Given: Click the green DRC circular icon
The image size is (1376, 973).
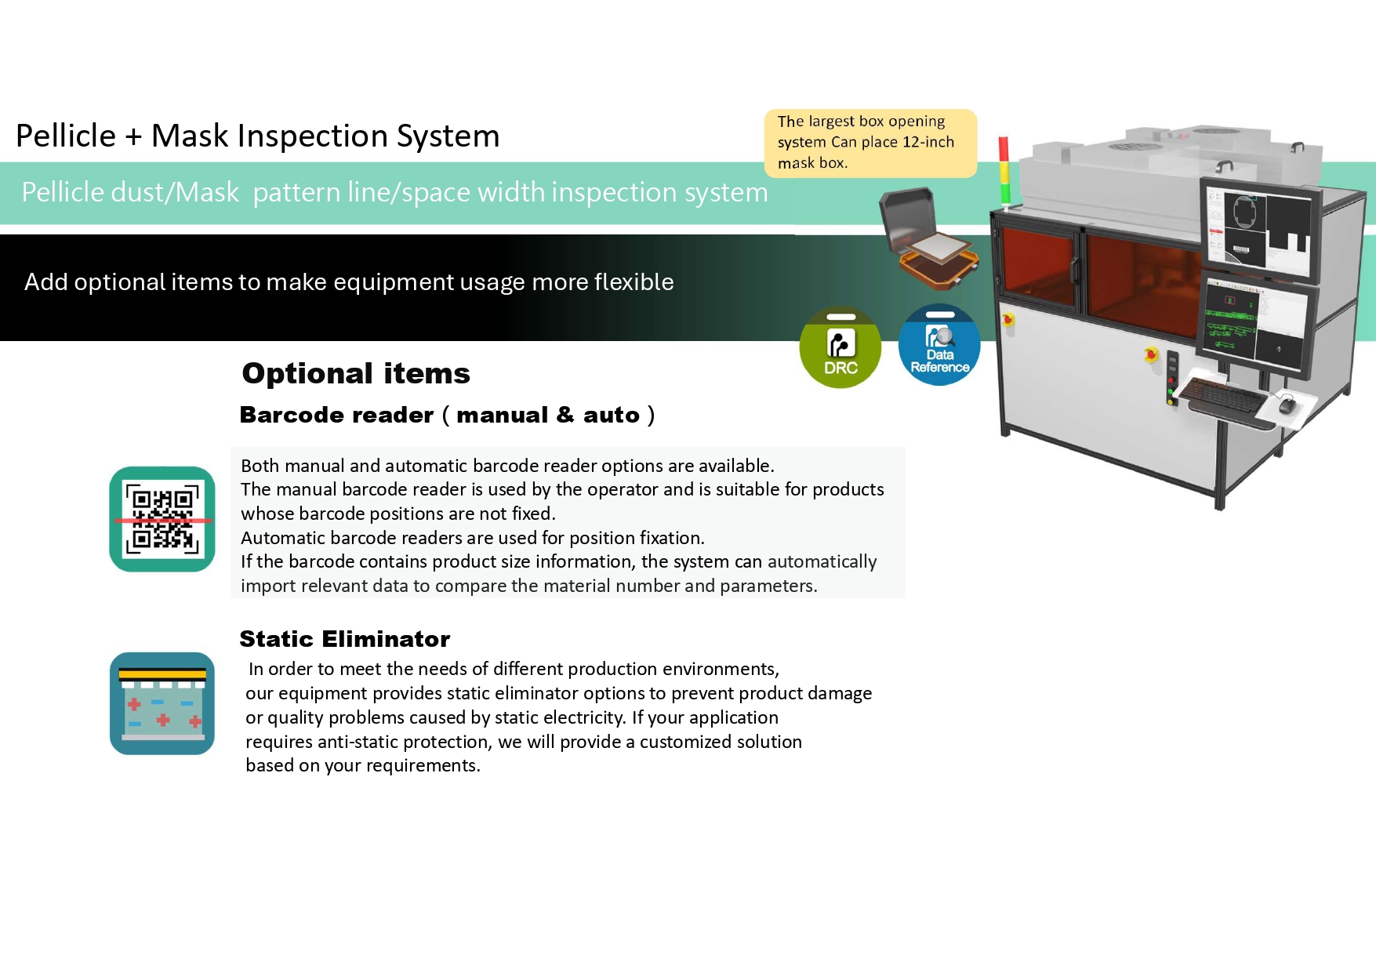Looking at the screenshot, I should [840, 347].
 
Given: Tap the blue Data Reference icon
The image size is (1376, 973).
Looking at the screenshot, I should [939, 345].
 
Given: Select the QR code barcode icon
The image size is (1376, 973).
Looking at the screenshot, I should [162, 519].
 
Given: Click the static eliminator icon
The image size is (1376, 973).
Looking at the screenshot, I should [162, 703].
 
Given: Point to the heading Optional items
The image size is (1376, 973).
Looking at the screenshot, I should [356, 373].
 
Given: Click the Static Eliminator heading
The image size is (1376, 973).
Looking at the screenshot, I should [345, 639].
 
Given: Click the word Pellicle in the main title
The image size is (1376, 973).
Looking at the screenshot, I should [66, 136].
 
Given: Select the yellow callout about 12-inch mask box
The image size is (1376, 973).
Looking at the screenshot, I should [870, 143].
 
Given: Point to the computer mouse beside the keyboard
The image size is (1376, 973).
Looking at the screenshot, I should [1287, 405].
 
